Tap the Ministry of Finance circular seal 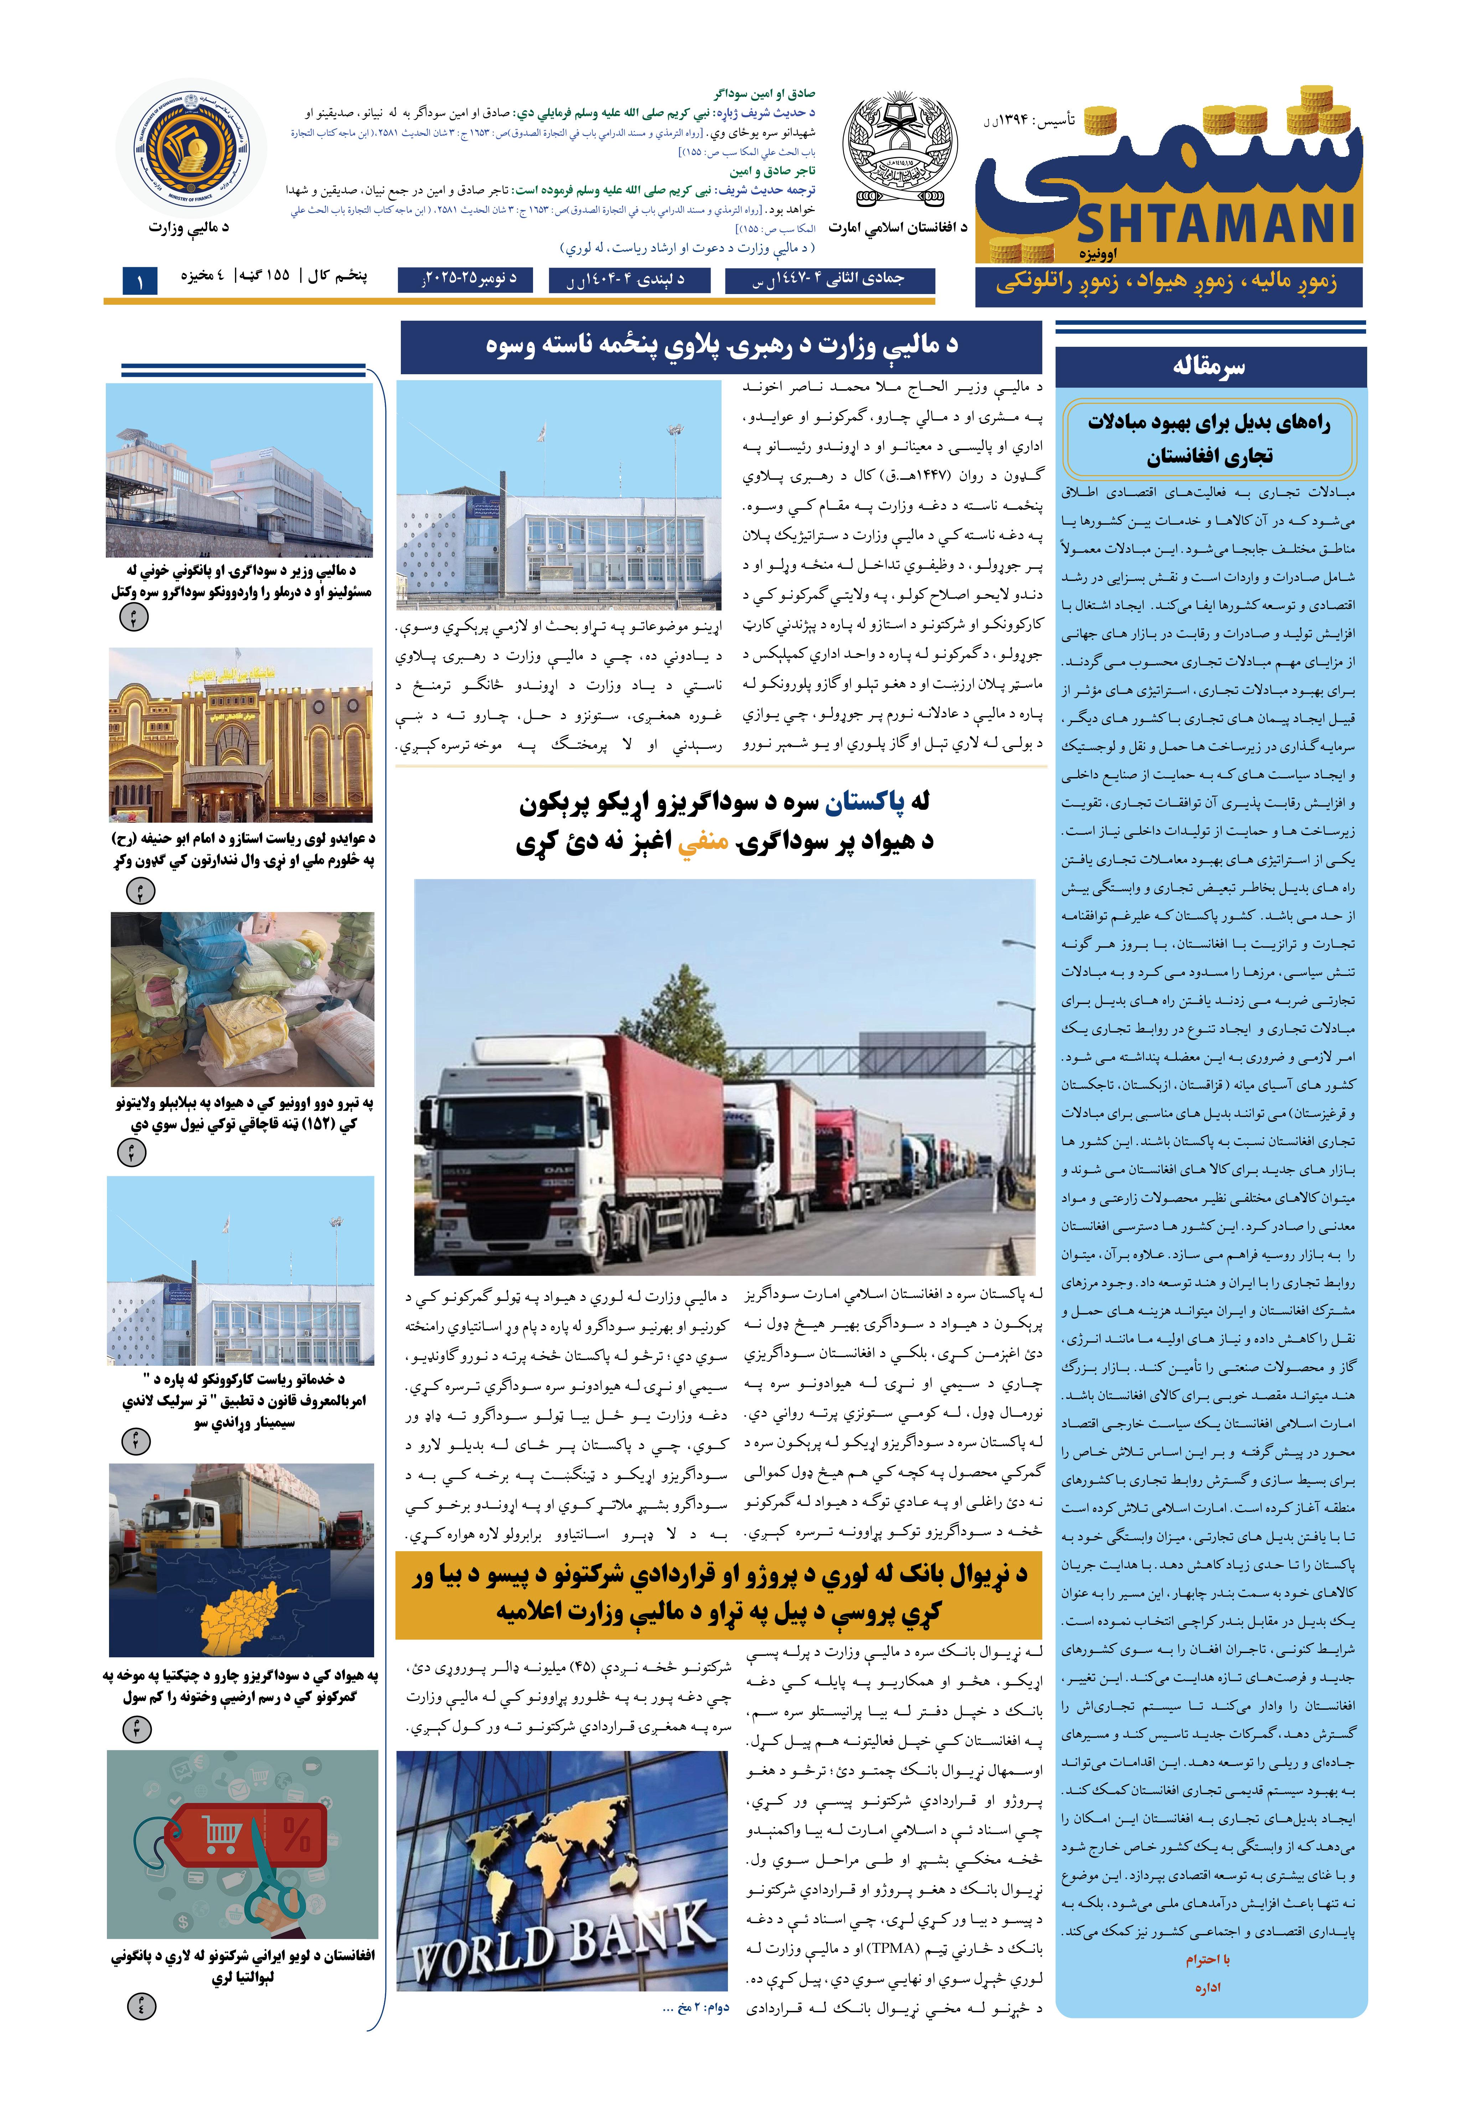click(191, 148)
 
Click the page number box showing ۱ click(140, 280)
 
